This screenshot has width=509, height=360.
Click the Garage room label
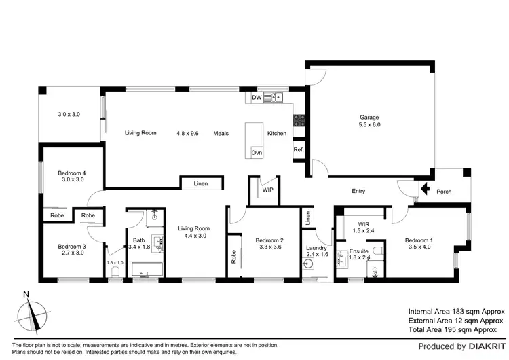click(369, 117)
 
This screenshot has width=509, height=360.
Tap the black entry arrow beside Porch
click(426, 191)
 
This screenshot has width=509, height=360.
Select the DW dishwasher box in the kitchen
click(257, 98)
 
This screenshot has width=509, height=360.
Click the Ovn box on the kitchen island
click(257, 153)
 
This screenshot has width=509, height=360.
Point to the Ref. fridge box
click(298, 150)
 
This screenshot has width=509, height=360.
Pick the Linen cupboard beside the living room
click(201, 183)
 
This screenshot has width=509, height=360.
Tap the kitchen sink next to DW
click(276, 98)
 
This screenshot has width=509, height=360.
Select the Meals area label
click(221, 133)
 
